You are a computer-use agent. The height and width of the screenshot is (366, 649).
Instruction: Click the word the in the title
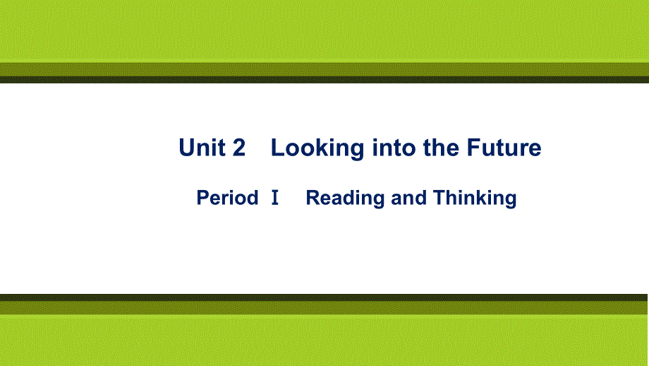tap(441, 148)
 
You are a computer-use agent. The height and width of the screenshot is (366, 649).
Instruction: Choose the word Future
tap(504, 148)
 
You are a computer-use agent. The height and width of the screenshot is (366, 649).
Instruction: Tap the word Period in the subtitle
tap(227, 198)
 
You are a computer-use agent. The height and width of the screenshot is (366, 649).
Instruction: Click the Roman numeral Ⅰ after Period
tap(274, 198)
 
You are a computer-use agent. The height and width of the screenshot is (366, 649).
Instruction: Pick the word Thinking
tap(475, 199)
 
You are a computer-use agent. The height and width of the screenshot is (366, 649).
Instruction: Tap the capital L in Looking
tap(278, 148)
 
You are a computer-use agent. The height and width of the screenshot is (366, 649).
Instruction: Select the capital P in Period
tap(202, 198)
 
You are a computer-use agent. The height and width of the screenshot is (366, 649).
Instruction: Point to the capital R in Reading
tap(313, 198)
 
